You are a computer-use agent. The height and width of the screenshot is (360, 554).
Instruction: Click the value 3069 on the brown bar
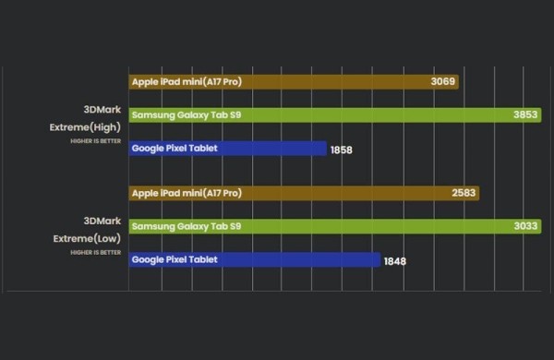[x=443, y=82]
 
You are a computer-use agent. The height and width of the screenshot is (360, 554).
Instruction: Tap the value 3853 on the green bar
[x=526, y=115]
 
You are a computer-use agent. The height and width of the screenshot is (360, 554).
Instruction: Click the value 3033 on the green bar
[x=526, y=226]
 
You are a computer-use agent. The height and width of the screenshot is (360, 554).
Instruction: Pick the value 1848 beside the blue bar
[x=393, y=261]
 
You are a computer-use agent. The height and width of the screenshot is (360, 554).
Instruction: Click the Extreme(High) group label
[x=85, y=127]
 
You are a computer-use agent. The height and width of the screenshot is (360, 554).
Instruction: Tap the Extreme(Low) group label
[x=86, y=238]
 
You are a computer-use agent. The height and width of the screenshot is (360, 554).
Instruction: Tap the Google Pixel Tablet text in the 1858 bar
[x=175, y=148]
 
